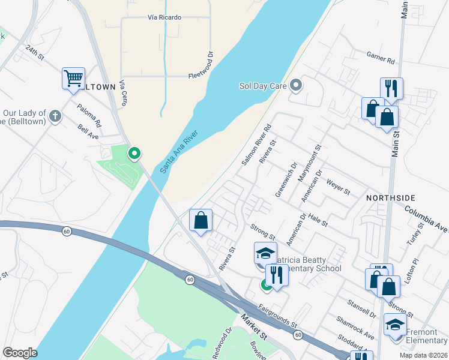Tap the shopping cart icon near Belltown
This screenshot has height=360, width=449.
73,78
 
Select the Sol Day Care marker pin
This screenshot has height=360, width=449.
295,86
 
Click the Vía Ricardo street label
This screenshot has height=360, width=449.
164,17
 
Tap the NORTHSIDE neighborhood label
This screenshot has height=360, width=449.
391,197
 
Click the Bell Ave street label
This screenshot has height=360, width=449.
88,132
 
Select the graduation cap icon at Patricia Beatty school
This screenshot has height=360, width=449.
265,253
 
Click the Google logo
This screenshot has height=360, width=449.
20,353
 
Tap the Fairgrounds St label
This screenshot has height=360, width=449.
278,316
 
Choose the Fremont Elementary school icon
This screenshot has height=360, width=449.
395,325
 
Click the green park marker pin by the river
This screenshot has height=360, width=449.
135,154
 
